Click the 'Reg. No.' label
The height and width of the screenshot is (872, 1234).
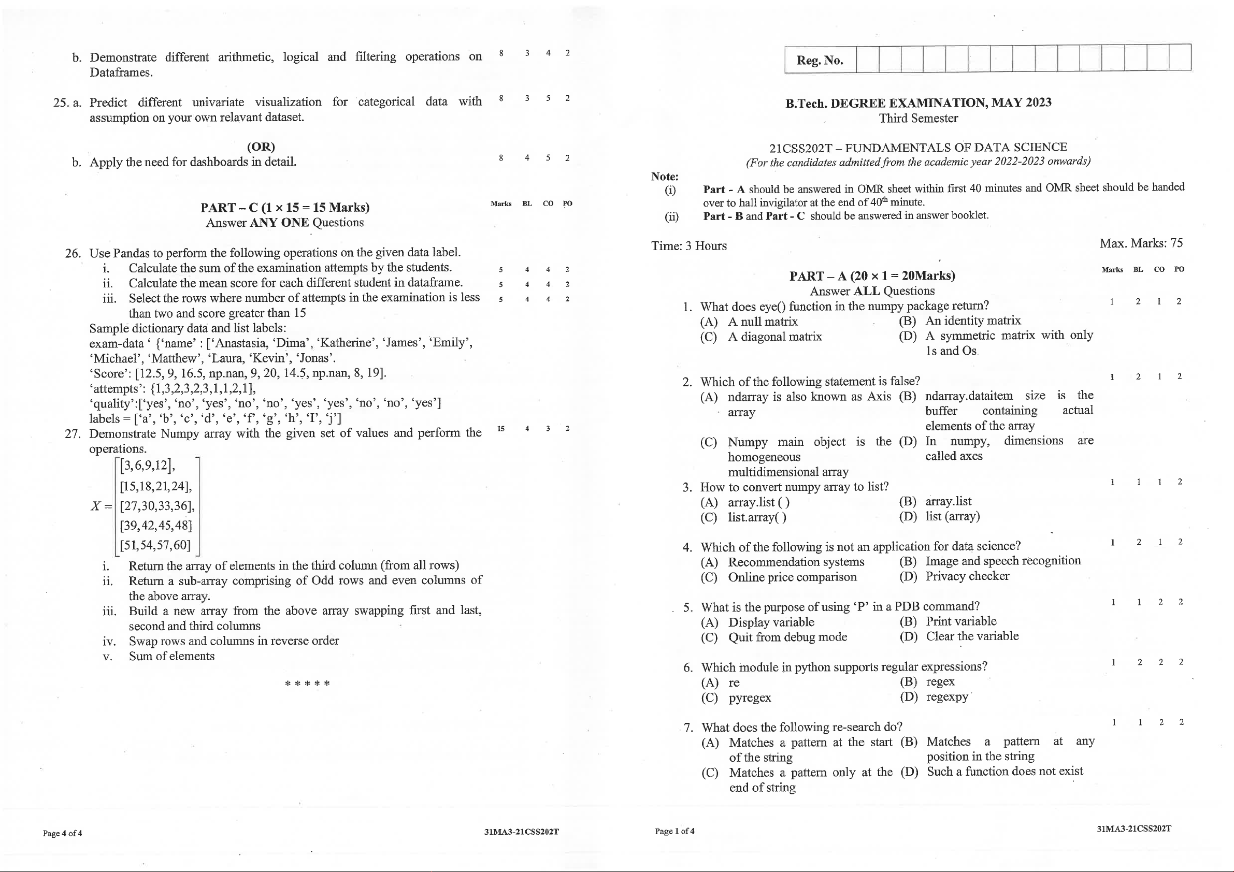pyautogui.click(x=819, y=60)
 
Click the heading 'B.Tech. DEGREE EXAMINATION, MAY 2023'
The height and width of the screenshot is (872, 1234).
pyautogui.click(x=918, y=103)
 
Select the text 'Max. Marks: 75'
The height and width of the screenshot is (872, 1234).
pyautogui.click(x=1140, y=243)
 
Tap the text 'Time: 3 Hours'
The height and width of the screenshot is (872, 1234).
pyautogui.click(x=688, y=246)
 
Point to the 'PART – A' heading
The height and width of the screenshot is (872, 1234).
pyautogui.click(x=872, y=276)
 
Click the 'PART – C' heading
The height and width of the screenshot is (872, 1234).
pyautogui.click(x=285, y=208)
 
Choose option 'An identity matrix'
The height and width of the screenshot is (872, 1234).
pyautogui.click(x=972, y=321)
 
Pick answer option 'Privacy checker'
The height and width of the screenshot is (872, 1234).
pyautogui.click(x=967, y=576)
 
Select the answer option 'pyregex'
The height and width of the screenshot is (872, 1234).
pyautogui.click(x=749, y=698)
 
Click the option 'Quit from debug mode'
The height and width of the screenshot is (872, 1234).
pyautogui.click(x=787, y=637)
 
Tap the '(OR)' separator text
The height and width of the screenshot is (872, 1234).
pyautogui.click(x=261, y=147)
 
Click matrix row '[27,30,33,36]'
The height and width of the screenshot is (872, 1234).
pyautogui.click(x=156, y=506)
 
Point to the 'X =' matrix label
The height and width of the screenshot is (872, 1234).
pyautogui.click(x=102, y=506)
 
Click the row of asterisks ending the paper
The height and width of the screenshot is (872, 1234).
pyautogui.click(x=307, y=684)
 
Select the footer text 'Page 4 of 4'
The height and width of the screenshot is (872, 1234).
pyautogui.click(x=62, y=833)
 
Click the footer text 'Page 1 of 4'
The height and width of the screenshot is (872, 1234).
pyautogui.click(x=674, y=831)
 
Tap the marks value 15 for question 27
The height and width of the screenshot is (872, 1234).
pyautogui.click(x=501, y=429)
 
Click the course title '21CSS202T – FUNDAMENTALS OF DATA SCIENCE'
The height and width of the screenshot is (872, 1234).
pyautogui.click(x=918, y=147)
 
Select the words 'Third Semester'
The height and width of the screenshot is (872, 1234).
pyautogui.click(x=918, y=118)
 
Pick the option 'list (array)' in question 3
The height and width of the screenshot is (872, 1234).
pyautogui.click(x=952, y=516)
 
